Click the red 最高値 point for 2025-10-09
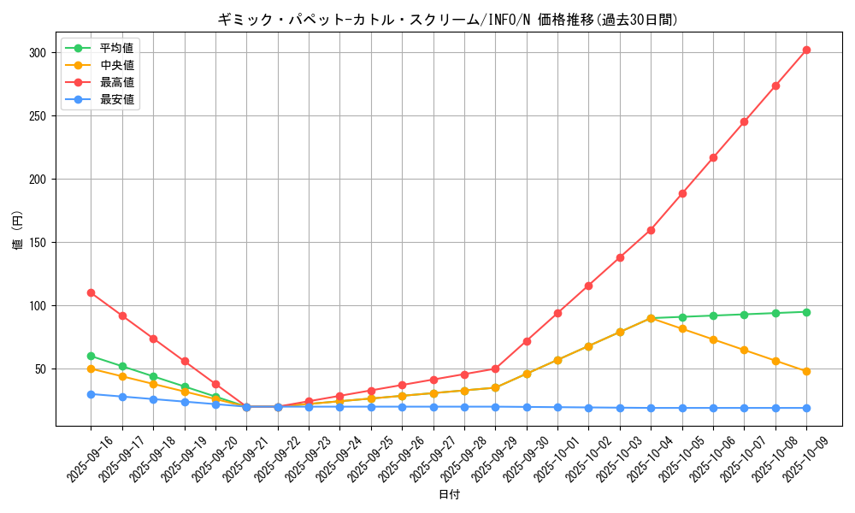click(806, 50)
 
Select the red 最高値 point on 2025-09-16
click(91, 292)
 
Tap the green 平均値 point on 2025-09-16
click(91, 356)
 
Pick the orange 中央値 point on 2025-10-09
click(806, 371)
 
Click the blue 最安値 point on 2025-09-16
click(91, 394)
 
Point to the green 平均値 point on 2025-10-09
click(806, 312)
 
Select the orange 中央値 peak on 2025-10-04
click(651, 318)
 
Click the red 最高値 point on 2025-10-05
click(682, 193)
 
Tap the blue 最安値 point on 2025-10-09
click(806, 408)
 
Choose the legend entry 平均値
click(116, 48)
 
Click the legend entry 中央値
click(116, 65)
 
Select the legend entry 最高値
click(116, 82)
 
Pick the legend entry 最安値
click(116, 99)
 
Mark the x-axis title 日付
click(449, 495)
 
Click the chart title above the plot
click(448, 20)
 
